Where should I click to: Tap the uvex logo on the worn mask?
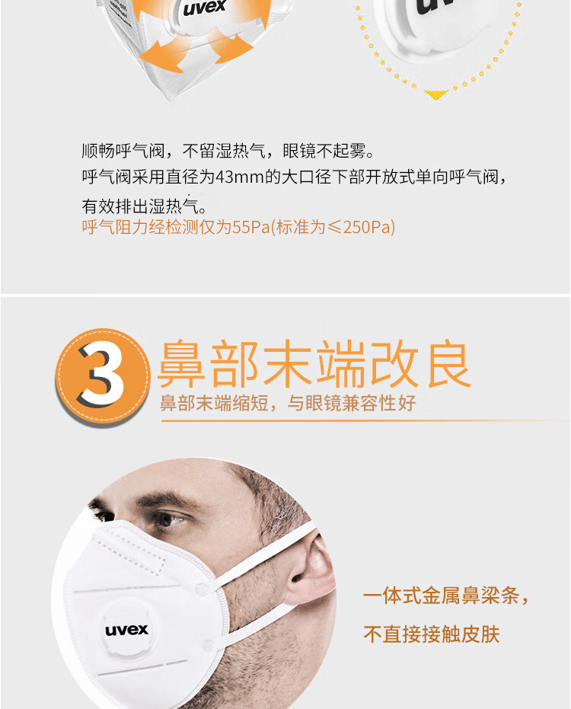click(126, 629)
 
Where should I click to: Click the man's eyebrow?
click(164, 500)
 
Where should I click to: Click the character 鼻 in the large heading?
click(182, 364)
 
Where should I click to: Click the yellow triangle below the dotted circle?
click(435, 94)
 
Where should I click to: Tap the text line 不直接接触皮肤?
click(432, 634)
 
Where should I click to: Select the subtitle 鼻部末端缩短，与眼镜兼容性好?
click(288, 403)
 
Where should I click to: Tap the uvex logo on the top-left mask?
click(204, 8)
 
